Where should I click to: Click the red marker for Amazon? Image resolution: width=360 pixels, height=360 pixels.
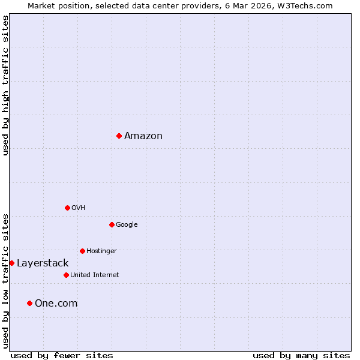click(119, 136)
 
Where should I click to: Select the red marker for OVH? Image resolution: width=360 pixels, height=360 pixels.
click(67, 208)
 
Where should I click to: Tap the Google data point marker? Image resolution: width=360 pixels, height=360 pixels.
click(112, 224)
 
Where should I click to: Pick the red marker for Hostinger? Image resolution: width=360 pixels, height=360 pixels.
click(82, 251)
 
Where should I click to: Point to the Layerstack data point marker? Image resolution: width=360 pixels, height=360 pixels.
click(11, 263)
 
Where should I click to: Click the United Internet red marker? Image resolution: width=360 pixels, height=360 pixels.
click(66, 275)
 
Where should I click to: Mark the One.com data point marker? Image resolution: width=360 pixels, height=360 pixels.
click(29, 303)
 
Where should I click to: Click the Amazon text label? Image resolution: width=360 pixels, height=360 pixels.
click(143, 136)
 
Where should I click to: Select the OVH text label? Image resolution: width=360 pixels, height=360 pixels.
click(79, 208)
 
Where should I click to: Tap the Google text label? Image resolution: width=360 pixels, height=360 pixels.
click(127, 225)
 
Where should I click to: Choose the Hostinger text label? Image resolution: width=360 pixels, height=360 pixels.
click(101, 251)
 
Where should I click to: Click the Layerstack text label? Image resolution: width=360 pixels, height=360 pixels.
click(43, 263)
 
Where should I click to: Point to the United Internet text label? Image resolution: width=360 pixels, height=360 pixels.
click(95, 275)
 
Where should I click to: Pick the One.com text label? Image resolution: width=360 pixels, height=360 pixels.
click(56, 304)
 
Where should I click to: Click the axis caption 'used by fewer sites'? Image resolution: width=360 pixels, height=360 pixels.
click(62, 356)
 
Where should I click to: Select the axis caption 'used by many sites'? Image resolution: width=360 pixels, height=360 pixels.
click(301, 356)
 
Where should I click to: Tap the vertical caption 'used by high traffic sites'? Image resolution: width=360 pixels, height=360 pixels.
click(5, 85)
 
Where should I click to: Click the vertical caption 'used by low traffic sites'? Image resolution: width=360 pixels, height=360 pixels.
click(5, 281)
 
